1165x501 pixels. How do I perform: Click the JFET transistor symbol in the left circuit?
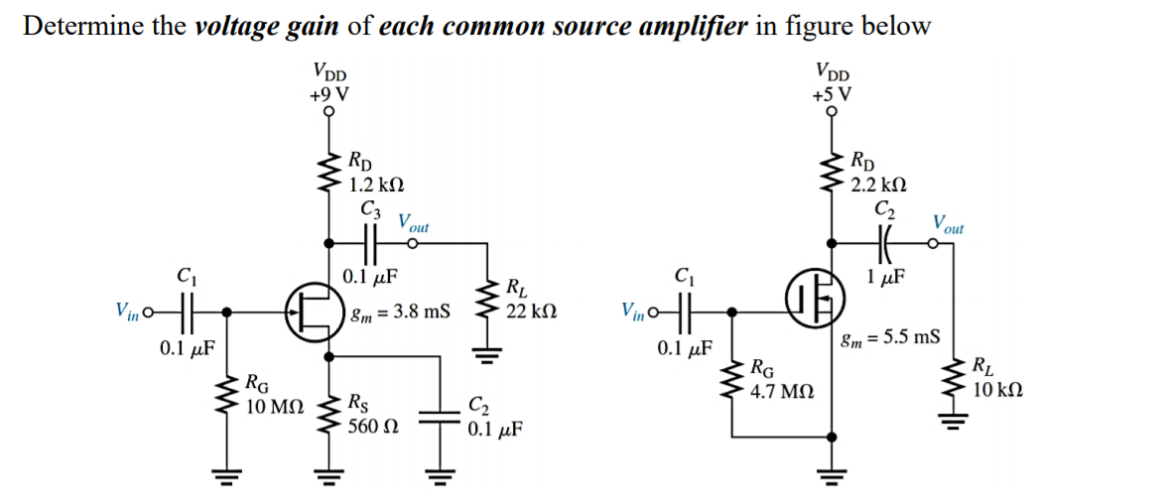[311, 313]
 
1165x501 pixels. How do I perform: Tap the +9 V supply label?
[328, 95]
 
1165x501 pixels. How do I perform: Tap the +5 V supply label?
[831, 95]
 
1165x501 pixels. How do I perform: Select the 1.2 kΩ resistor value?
[376, 185]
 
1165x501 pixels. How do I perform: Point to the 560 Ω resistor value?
[373, 426]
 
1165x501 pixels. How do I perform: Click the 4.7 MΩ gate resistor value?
[783, 392]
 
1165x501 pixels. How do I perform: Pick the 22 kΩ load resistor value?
[531, 310]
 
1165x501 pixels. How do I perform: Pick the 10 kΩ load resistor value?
[998, 389]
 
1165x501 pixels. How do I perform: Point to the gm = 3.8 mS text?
[400, 312]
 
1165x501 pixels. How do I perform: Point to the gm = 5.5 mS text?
[890, 337]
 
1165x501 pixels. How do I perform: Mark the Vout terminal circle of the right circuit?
[935, 241]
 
